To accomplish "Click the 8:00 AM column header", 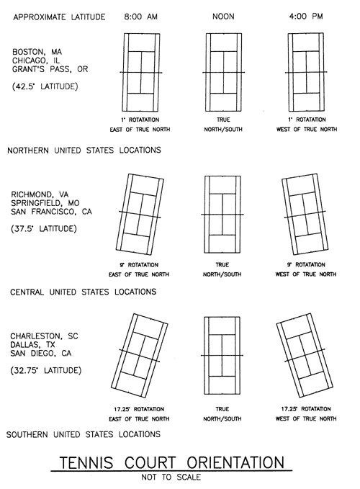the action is pos(140,17).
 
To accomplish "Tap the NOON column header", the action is pos(223,17).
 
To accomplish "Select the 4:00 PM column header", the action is pos(306,17).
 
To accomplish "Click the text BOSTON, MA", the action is pos(37,52).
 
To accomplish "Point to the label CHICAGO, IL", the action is pos(36,60).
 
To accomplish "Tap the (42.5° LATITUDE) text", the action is pos(45,86).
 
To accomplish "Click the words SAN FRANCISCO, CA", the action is pos(51,212).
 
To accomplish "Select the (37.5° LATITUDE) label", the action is pos(44,228).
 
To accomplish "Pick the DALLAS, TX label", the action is pos(32,345).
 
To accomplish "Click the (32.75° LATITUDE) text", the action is pos(46,370).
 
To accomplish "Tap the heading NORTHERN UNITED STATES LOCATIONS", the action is pos(84,151).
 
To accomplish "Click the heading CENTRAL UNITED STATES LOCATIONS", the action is pos(84,292).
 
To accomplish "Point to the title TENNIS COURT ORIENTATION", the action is pos(172,462).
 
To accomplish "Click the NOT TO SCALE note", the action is pos(171,477).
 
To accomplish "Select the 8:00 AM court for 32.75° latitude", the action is pos(140,356).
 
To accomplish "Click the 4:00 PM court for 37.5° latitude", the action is pos(305,214).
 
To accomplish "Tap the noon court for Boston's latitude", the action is pos(223,72).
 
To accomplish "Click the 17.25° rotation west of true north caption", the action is pos(306,414).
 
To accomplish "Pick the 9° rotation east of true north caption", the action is pos(139,270).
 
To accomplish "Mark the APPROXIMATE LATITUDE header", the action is pos(59,17).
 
